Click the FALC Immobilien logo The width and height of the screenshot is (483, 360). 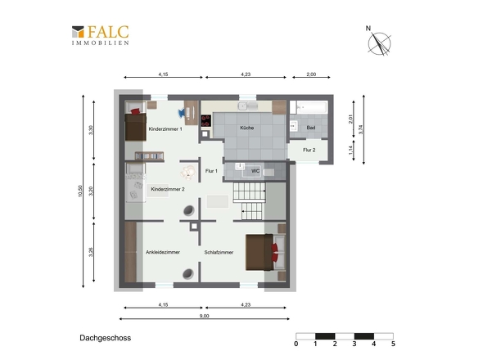point(101,35)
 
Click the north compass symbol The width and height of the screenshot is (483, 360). point(378,42)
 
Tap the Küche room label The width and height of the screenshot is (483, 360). point(247,128)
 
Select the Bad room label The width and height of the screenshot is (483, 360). point(311,128)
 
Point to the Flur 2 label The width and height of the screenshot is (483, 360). point(309,150)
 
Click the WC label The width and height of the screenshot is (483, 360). point(255,171)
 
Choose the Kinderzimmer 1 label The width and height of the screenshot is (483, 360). point(165,129)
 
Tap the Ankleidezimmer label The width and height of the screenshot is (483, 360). point(163,252)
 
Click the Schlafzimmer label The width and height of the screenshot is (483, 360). point(219,252)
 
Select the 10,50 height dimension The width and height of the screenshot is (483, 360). point(80,191)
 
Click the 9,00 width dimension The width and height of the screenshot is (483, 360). point(204,316)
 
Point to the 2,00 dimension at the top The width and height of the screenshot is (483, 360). point(311,74)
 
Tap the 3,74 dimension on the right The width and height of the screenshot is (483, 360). point(361,129)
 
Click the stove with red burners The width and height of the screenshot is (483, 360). point(206,121)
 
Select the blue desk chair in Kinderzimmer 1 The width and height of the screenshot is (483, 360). point(182,113)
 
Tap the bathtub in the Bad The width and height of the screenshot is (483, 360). point(309,107)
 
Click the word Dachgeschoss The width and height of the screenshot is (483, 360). point(106,338)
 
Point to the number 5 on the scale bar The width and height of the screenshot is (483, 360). point(393,344)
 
